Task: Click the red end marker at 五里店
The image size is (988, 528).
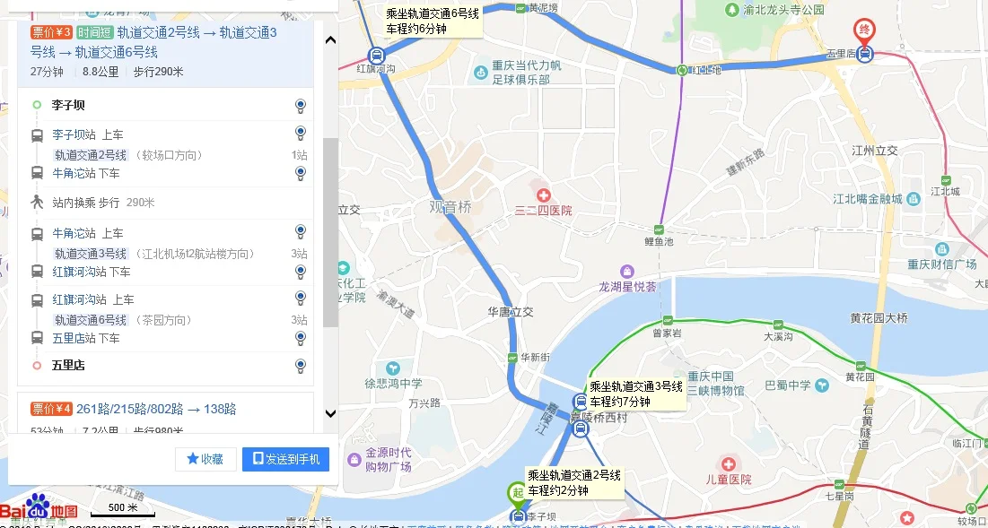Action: pyautogui.click(x=864, y=30)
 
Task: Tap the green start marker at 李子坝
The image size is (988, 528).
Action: pyautogui.click(x=517, y=492)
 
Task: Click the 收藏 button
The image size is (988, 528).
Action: pyautogui.click(x=205, y=459)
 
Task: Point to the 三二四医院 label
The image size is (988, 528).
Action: pyautogui.click(x=543, y=211)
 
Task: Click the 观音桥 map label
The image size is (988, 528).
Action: pyautogui.click(x=450, y=206)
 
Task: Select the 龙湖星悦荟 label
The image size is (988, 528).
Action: pyautogui.click(x=628, y=287)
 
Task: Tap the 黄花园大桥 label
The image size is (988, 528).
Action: pyautogui.click(x=879, y=317)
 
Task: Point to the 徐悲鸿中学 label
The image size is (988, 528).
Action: pyautogui.click(x=393, y=384)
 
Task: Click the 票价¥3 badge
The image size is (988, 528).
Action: pyautogui.click(x=51, y=33)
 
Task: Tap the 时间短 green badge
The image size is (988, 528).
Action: pyautogui.click(x=94, y=33)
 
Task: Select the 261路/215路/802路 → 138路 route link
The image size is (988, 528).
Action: pyautogui.click(x=156, y=409)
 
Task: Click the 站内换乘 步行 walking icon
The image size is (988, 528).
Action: pyautogui.click(x=37, y=203)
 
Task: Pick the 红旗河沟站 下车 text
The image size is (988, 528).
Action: pyautogui.click(x=92, y=272)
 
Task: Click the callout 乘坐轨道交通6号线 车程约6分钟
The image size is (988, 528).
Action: pyautogui.click(x=433, y=21)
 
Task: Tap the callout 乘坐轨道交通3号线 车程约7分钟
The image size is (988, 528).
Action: pyautogui.click(x=636, y=394)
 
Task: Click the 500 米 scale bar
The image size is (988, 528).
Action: pyautogui.click(x=124, y=511)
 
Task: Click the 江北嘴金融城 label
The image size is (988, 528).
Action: pyautogui.click(x=867, y=199)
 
